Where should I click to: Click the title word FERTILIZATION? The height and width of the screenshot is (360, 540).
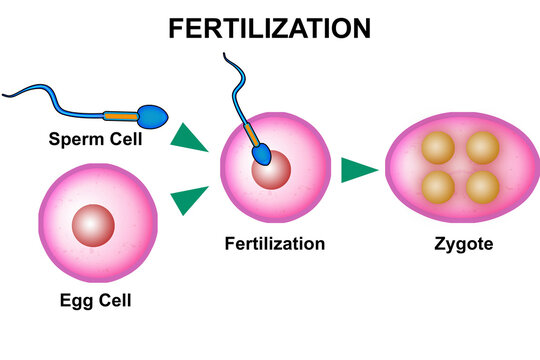tap(270, 27)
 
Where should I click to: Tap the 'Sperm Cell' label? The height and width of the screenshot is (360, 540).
tap(95, 137)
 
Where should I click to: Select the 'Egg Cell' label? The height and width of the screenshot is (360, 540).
tap(95, 300)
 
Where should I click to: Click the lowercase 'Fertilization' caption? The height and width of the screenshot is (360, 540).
tap(275, 243)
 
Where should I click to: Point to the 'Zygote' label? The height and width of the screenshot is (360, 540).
tap(463, 243)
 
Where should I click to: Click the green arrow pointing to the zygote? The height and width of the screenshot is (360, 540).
tap(358, 169)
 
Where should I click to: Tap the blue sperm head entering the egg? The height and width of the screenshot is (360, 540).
tap(262, 157)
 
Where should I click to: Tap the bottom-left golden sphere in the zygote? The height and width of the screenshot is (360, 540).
tap(437, 187)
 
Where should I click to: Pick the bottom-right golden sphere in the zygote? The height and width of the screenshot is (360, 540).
tap(482, 187)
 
